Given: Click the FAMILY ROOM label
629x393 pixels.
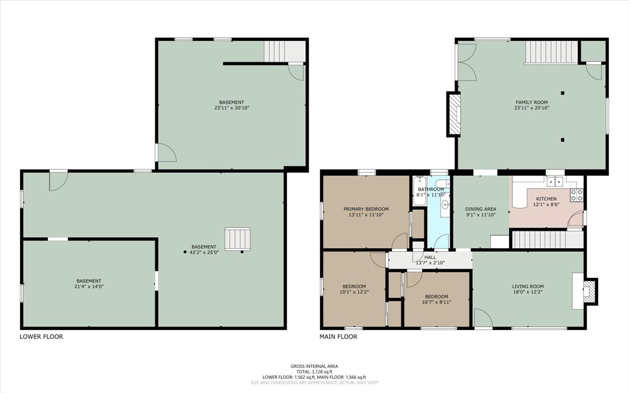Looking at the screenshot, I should click(x=532, y=102).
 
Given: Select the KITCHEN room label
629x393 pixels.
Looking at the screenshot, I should click(x=546, y=199).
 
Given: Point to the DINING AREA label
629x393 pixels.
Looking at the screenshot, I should click(x=481, y=209).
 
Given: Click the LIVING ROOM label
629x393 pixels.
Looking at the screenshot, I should click(x=528, y=287).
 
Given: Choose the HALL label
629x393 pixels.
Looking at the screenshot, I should click(x=430, y=257).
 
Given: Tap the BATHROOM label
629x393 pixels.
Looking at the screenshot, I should click(x=431, y=189).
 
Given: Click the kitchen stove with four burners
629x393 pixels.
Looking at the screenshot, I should click(x=577, y=195).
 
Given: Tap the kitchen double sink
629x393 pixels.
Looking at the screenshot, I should click(x=555, y=182).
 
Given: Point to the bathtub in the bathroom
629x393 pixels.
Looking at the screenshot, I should click(x=419, y=188).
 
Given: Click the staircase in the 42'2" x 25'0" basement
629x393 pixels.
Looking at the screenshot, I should click(x=237, y=239).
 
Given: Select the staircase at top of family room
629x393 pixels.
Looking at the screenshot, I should click(x=551, y=52).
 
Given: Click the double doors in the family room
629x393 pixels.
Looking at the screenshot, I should click(x=465, y=62).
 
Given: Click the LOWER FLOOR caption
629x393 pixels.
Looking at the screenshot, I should click(x=41, y=337).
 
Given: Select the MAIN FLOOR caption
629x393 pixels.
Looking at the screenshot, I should click(x=338, y=337).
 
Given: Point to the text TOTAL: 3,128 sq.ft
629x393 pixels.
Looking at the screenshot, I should click(x=314, y=372).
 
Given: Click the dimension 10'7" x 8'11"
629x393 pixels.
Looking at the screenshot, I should click(x=436, y=302).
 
